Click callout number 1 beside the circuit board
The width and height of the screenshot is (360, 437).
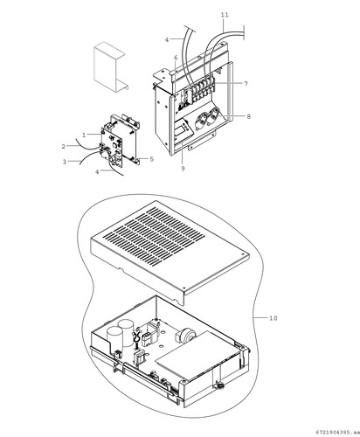(84, 135)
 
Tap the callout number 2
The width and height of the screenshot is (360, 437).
(64, 146)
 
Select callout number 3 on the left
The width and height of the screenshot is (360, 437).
(65, 162)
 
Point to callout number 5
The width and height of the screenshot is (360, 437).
(151, 159)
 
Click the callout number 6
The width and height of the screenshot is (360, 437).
(176, 58)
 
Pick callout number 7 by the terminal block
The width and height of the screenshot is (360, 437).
(246, 84)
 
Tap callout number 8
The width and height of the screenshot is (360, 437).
(248, 116)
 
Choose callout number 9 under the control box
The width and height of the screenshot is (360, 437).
(183, 169)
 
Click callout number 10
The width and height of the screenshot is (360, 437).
(273, 318)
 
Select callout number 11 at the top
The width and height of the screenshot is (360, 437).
(225, 15)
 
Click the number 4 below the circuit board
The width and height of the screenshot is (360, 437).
(97, 172)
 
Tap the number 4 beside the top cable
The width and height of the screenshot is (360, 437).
(167, 40)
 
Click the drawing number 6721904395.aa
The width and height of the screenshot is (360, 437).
(337, 432)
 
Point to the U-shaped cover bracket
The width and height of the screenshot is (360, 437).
(109, 67)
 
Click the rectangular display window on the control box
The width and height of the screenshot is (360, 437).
(183, 128)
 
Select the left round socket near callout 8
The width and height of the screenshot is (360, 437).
(203, 120)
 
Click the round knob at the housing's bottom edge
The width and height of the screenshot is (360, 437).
(219, 386)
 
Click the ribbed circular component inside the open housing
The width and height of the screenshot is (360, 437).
(185, 335)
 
